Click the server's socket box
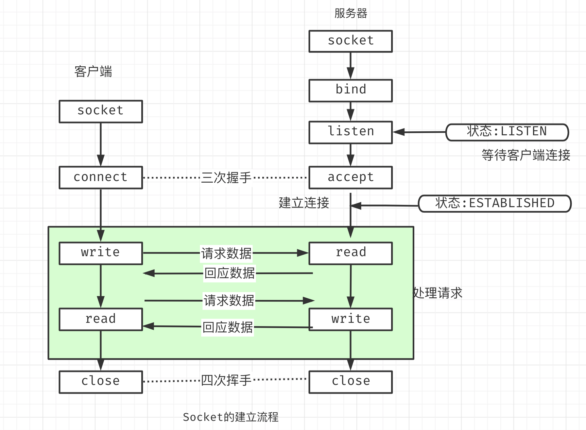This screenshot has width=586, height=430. point(351,41)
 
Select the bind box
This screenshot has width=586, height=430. point(351,90)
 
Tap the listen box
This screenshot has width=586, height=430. point(351,132)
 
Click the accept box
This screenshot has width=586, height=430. point(351,177)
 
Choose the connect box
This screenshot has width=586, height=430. point(101,177)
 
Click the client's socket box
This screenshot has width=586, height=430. point(101,111)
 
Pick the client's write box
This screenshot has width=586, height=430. point(101,253)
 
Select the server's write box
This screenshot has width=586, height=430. point(351,319)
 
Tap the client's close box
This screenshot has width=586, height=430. point(101,382)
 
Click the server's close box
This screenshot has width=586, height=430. point(351,382)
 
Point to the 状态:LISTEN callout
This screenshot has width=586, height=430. point(507,132)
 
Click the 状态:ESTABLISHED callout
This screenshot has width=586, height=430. point(494,204)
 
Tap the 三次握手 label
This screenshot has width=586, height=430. point(226,178)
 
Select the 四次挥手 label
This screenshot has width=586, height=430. point(226,380)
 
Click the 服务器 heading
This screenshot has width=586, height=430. point(351,13)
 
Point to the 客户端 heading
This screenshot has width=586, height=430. point(93,72)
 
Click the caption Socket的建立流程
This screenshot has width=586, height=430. point(231,417)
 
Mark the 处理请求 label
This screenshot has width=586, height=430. point(438,293)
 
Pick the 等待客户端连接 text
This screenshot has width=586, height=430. point(526,155)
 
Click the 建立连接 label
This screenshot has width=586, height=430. point(304,203)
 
